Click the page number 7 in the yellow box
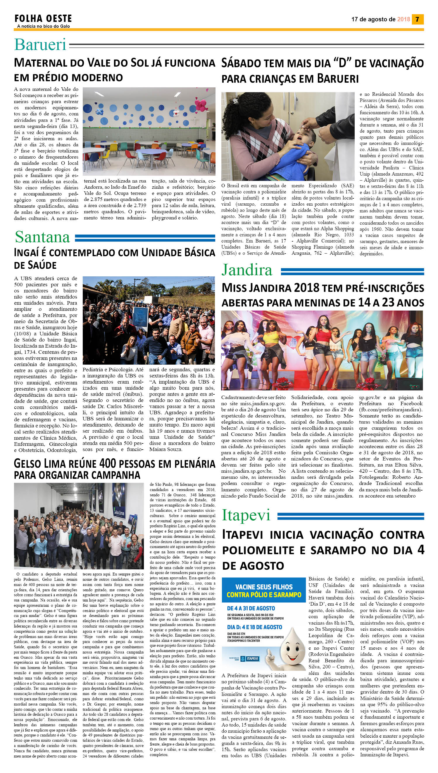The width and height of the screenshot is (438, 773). click(417, 19)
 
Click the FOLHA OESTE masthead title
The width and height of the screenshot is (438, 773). click(43, 19)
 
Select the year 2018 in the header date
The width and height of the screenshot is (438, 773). click(403, 19)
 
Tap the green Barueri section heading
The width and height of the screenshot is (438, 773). click(40, 44)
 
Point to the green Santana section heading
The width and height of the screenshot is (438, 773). click(42, 237)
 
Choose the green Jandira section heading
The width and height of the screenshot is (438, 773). click(247, 270)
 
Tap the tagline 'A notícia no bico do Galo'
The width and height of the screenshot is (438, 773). click(44, 26)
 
